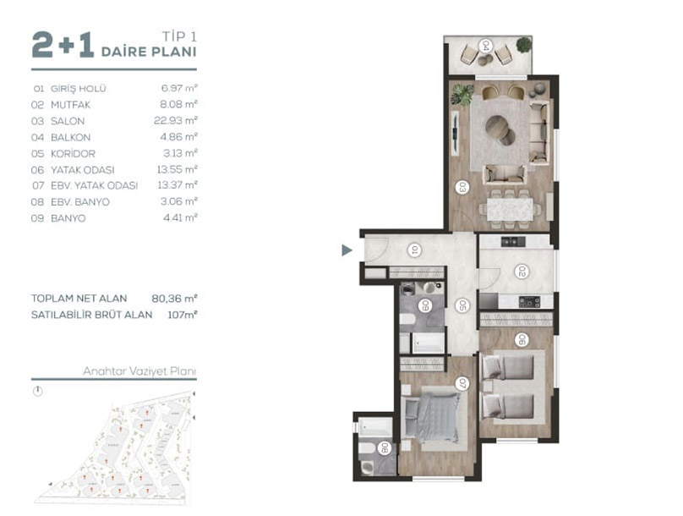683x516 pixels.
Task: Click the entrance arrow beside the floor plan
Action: point(347,250)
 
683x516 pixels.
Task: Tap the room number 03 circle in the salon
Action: point(462,188)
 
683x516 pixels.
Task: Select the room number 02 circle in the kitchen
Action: point(521,272)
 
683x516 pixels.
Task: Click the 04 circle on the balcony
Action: point(485,46)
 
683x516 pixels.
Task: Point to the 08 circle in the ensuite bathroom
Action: point(384,448)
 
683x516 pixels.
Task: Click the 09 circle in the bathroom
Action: point(424,305)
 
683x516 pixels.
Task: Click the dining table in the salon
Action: point(510,209)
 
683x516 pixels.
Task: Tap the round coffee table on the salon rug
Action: point(501,129)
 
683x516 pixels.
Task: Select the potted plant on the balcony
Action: point(523,45)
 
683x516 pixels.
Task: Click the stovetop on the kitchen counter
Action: point(529,302)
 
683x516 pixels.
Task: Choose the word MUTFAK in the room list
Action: point(70,105)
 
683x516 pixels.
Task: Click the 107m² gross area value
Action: point(183,315)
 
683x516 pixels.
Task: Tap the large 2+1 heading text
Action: point(63,45)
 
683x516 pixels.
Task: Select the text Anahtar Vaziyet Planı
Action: point(139,371)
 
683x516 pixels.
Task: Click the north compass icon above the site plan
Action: point(38,391)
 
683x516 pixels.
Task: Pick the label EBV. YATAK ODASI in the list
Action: point(94,185)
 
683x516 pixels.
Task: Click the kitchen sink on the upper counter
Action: point(513,241)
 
